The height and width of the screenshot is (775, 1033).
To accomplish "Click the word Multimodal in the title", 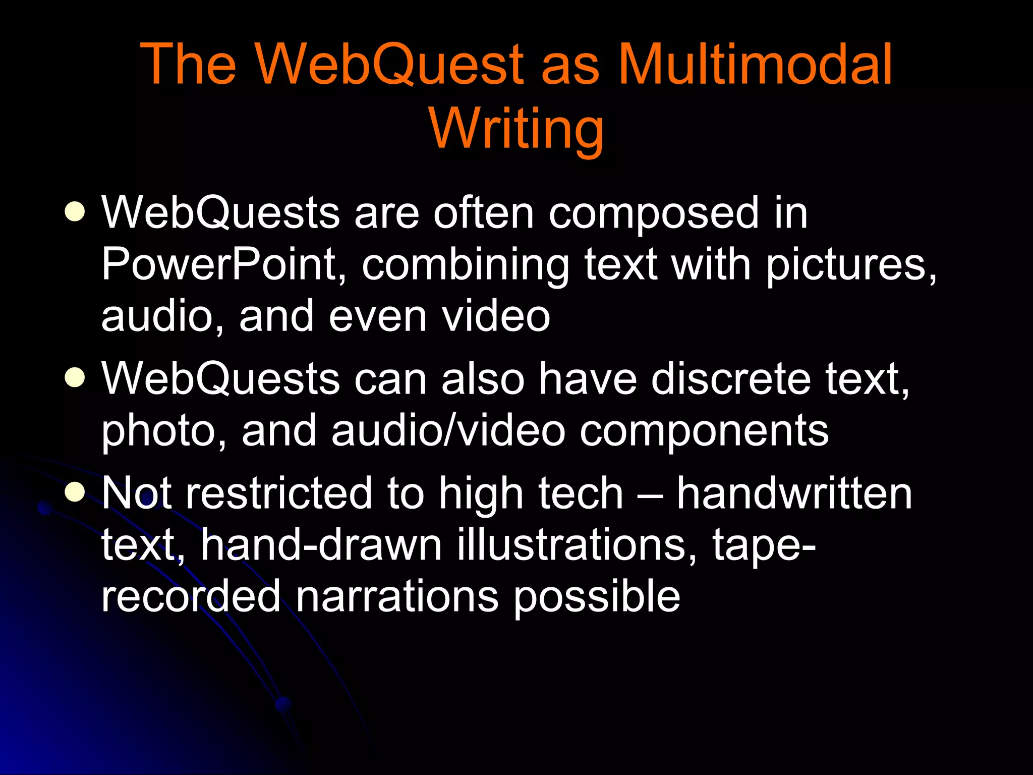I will [755, 64].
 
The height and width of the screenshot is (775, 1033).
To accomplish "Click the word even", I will [378, 316].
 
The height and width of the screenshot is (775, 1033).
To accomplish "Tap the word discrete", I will [730, 378].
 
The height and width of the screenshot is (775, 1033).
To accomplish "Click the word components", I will [704, 432].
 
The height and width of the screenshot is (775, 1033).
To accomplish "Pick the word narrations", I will [397, 596].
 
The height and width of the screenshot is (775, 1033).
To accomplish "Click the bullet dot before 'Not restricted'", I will [75, 491].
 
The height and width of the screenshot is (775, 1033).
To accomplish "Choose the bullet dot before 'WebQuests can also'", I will [75, 377].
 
